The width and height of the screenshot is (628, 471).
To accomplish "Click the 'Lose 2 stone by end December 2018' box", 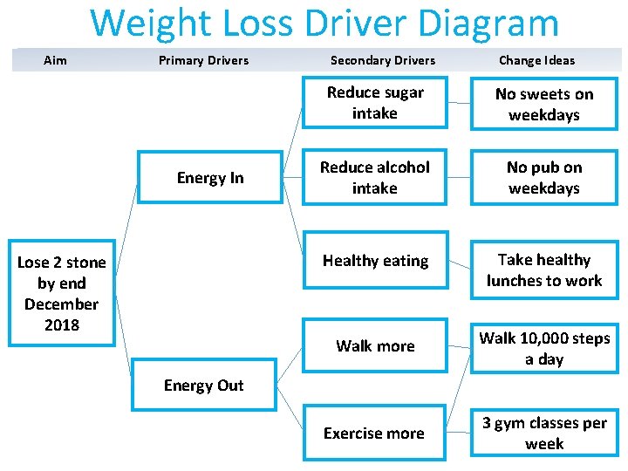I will [x=61, y=293].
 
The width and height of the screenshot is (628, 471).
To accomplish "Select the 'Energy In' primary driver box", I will [x=210, y=178].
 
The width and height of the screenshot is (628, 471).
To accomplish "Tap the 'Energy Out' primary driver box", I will [x=204, y=386].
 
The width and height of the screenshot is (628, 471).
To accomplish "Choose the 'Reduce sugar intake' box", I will [x=375, y=103].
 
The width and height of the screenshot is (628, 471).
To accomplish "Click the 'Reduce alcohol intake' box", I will [x=375, y=178].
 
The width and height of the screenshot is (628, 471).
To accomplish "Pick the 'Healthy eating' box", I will [x=375, y=261].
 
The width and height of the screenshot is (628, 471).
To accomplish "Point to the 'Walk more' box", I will [x=375, y=346].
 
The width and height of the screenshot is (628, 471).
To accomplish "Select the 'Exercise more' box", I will [x=374, y=433].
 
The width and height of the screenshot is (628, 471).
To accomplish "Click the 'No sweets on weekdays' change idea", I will [x=544, y=105].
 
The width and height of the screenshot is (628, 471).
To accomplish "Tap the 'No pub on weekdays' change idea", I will [x=544, y=178].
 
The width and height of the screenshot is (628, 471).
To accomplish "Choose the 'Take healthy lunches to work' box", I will [x=544, y=270].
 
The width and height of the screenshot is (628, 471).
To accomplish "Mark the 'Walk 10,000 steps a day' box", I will [x=544, y=349].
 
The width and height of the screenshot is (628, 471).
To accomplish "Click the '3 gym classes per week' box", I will [x=544, y=433].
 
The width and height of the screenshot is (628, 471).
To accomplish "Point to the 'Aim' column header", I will [x=55, y=60].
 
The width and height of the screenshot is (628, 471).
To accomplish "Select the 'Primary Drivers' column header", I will [x=203, y=60].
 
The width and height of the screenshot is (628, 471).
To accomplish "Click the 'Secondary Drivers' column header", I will [x=383, y=60].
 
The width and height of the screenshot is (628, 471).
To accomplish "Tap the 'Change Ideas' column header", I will [x=536, y=60].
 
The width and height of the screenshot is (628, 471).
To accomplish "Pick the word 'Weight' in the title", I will [x=148, y=24].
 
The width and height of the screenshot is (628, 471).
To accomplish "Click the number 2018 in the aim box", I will [x=61, y=325].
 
